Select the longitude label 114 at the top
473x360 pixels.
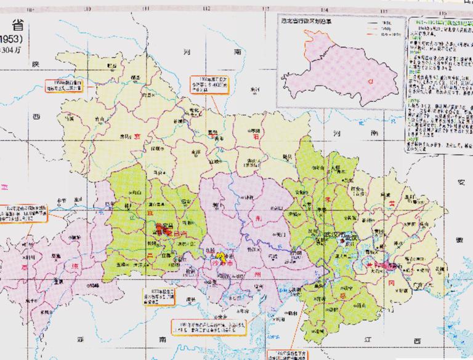(x=324, y=9)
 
